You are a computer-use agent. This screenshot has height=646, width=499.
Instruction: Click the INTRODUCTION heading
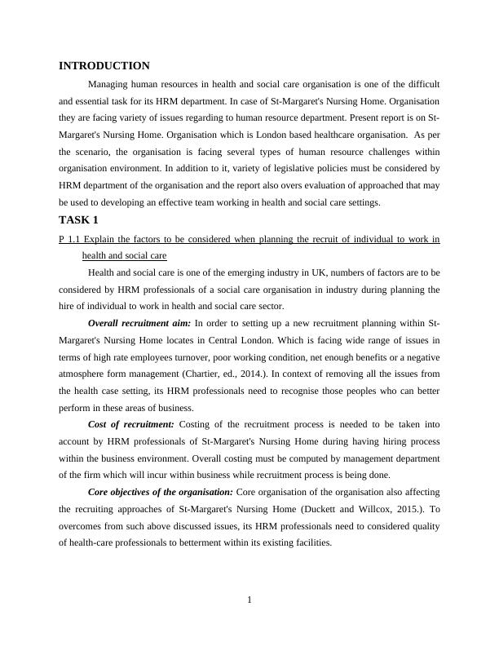point(104,66)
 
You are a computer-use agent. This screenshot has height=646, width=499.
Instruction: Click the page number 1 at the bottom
point(249,601)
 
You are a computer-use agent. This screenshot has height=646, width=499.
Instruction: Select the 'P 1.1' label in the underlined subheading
point(70,239)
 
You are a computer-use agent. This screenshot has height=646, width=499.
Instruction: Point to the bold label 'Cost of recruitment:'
point(130,424)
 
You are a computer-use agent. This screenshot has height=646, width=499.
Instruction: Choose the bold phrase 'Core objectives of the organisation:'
point(160,492)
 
